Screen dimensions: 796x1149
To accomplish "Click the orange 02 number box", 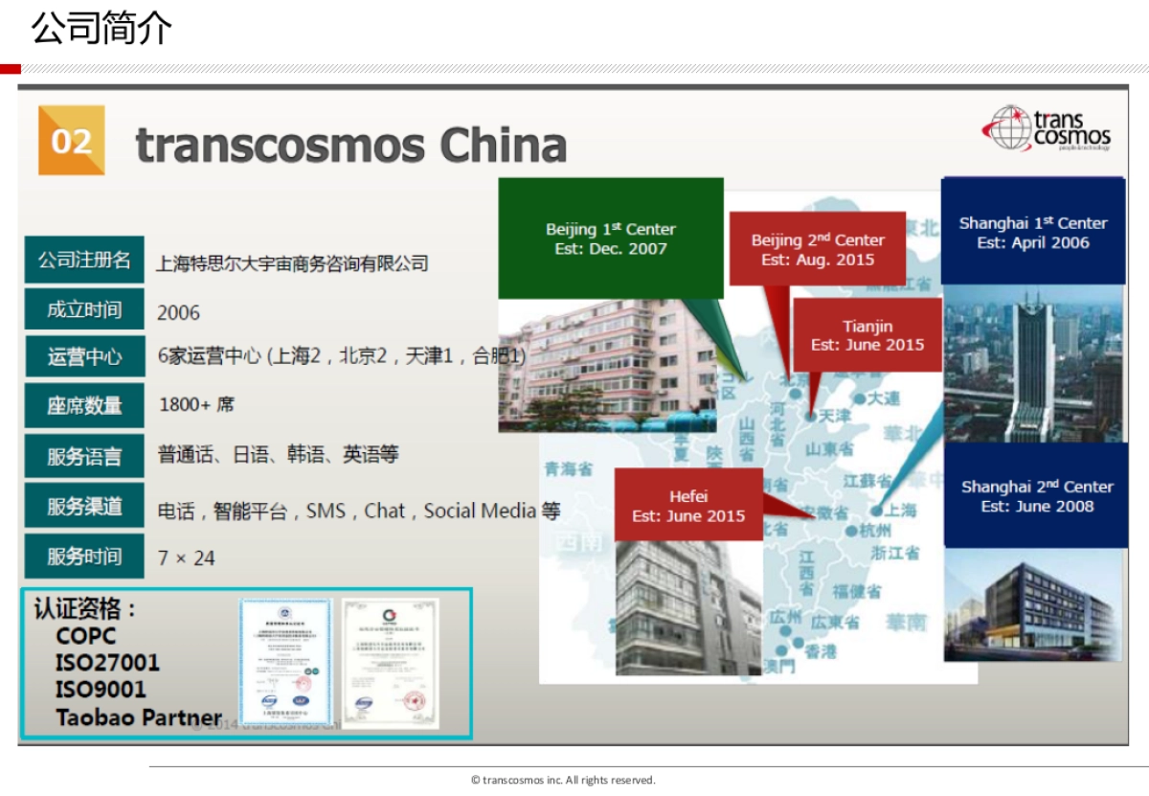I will [71, 141].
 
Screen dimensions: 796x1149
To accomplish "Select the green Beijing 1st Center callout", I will [610, 239].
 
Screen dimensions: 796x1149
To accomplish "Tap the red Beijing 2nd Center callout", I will [817, 249].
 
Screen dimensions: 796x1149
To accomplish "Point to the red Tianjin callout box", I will [867, 335].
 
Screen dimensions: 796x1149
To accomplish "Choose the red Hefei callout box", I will [688, 506].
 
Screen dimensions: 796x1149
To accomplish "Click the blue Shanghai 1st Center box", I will [1033, 232].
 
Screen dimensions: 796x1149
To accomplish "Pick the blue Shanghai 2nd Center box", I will [1036, 495].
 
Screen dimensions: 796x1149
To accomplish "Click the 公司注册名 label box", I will [84, 261].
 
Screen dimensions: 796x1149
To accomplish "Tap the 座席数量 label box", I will [84, 406].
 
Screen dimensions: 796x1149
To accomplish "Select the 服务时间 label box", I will [84, 557].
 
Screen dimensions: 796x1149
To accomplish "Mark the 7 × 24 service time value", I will [187, 557].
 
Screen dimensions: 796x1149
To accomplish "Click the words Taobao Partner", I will [139, 717].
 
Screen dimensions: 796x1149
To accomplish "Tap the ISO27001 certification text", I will [107, 663].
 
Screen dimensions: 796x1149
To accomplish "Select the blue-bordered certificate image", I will [284, 662].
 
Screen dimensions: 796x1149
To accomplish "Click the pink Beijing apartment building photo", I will [606, 364].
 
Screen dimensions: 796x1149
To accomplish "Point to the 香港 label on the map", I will [820, 651].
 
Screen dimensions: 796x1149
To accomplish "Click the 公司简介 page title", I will [101, 29].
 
